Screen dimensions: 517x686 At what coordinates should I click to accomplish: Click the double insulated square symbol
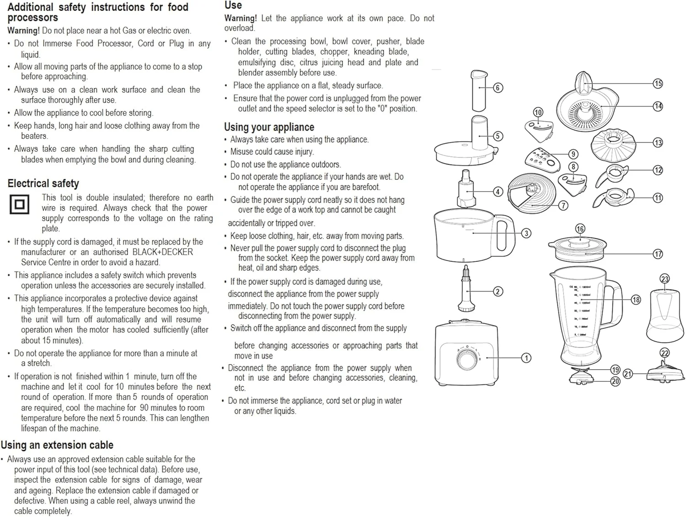pyautogui.click(x=20, y=204)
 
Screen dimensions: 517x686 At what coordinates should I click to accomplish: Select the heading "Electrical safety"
pyautogui.click(x=43, y=184)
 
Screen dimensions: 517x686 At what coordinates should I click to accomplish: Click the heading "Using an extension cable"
pyautogui.click(x=57, y=445)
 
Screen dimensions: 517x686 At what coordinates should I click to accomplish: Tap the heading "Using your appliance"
pyautogui.click(x=269, y=127)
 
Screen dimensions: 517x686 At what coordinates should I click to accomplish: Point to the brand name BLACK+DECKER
pyautogui.click(x=162, y=252)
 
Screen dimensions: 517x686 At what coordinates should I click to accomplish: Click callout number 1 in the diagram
pyautogui.click(x=526, y=358)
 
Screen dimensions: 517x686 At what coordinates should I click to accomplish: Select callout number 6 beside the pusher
pyautogui.click(x=498, y=87)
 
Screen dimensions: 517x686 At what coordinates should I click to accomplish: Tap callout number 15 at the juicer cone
pyautogui.click(x=658, y=83)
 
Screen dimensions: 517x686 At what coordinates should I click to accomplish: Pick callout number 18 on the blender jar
pyautogui.click(x=636, y=300)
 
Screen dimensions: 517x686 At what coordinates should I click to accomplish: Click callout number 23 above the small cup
pyautogui.click(x=665, y=279)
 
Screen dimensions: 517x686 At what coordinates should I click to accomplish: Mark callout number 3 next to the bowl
pyautogui.click(x=526, y=233)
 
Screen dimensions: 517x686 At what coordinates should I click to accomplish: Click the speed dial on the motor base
pyautogui.click(x=467, y=358)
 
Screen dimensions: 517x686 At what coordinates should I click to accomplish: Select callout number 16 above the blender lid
pyautogui.click(x=580, y=229)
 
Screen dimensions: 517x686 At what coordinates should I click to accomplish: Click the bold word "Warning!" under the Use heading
pyautogui.click(x=241, y=18)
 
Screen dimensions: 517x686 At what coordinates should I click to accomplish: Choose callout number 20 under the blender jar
pyautogui.click(x=615, y=381)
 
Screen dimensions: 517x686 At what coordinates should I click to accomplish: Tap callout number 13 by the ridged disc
pyautogui.click(x=658, y=143)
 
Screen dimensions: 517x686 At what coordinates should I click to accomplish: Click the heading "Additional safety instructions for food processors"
pyautogui.click(x=98, y=12)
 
